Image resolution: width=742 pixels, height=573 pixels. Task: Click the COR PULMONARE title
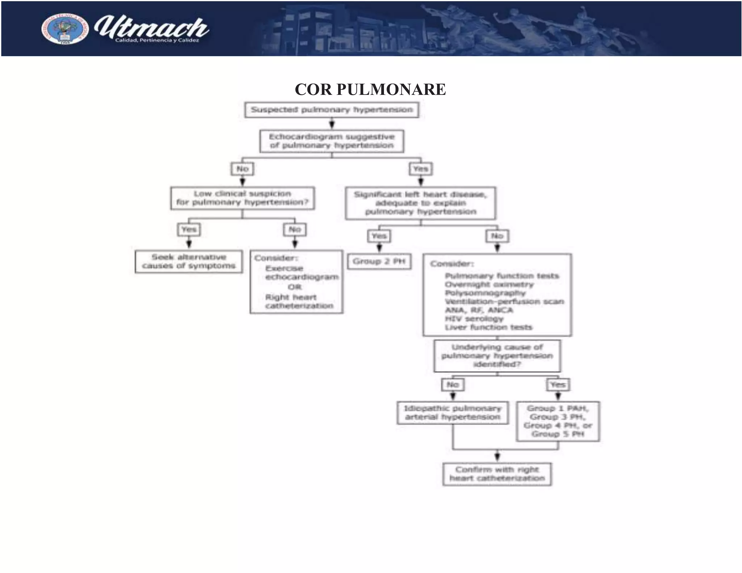point(370,89)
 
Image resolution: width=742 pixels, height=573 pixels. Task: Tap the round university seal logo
point(65,29)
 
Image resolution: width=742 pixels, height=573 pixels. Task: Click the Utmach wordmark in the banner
point(151,29)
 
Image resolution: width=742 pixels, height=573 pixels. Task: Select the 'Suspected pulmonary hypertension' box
point(332,110)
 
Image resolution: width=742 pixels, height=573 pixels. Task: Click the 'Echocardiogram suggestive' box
point(332,141)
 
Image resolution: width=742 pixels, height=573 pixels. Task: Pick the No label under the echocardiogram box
point(242,169)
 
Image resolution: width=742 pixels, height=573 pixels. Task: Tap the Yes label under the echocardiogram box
point(420,169)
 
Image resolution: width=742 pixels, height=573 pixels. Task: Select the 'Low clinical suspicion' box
point(242,198)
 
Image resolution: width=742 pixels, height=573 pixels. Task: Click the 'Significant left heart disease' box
point(420,203)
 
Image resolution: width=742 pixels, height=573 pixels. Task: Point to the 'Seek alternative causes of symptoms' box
point(189,262)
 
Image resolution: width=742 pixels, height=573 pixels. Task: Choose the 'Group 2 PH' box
point(379,262)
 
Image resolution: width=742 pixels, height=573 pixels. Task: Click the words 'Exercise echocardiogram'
point(301,273)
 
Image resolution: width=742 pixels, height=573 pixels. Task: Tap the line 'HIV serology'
point(474,319)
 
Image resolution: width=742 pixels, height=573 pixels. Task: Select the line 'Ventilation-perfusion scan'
point(504,301)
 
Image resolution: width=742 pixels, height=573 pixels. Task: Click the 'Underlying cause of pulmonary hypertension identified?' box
point(497,356)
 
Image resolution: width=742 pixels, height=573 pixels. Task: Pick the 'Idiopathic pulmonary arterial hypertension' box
point(453,413)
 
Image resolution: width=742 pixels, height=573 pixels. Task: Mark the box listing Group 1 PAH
point(558,421)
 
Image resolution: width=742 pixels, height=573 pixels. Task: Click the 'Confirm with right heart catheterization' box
point(497,474)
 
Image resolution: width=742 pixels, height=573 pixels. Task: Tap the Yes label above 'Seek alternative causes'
point(189,229)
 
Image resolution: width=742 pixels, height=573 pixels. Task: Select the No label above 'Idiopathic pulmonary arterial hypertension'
point(453,385)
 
